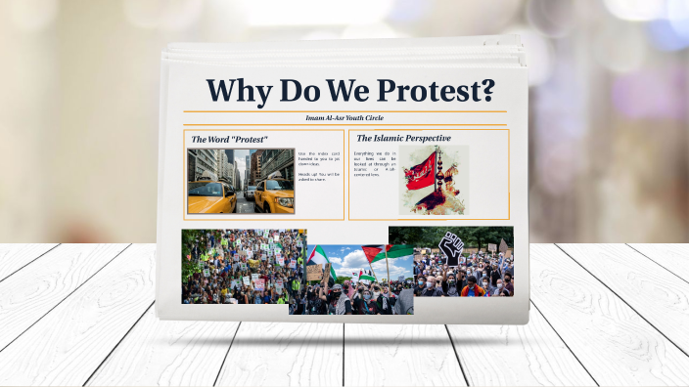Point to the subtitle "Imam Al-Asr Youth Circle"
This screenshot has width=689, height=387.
(344, 118)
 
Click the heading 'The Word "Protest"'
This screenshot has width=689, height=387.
(229, 140)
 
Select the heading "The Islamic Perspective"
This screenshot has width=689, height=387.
(403, 139)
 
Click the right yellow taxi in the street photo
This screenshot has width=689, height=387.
(273, 195)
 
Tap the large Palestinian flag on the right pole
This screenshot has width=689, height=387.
(394, 252)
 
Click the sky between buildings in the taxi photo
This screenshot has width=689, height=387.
(241, 156)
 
